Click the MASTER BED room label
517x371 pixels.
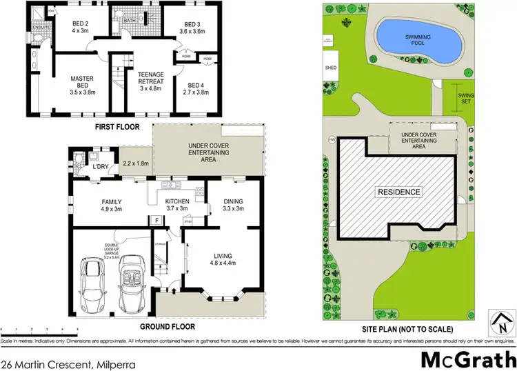[81, 83]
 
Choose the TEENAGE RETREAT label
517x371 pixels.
[150, 79]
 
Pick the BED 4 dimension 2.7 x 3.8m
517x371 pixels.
[193, 91]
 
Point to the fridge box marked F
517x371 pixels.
[157, 220]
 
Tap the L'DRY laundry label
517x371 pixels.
[102, 168]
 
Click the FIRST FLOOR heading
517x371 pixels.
[118, 127]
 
